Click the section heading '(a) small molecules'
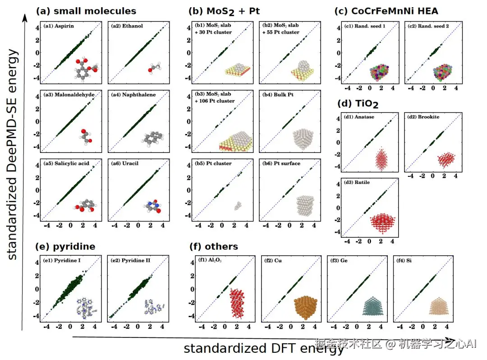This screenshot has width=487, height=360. (x=86, y=10)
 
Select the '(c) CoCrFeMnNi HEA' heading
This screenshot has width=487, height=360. (x=386, y=11)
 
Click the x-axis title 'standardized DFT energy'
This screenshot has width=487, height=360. (x=263, y=348)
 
